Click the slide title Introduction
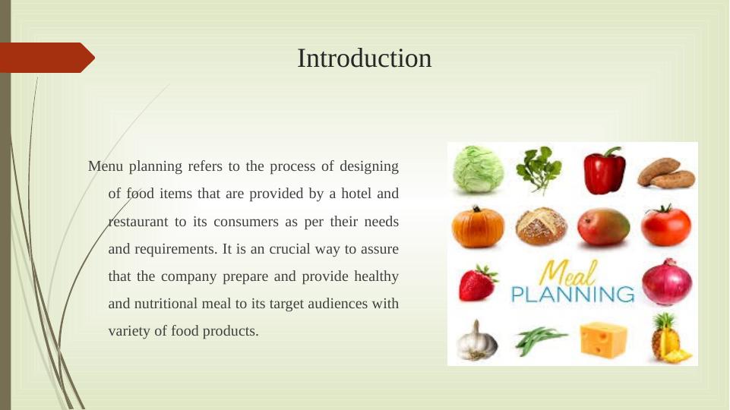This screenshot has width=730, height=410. [x=365, y=58]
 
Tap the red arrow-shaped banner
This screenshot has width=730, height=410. [x=47, y=58]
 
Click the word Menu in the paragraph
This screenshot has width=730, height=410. [x=106, y=166]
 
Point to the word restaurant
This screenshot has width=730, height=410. [x=138, y=222]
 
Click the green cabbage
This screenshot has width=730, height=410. [x=478, y=169]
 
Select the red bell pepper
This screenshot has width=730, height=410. [x=605, y=171]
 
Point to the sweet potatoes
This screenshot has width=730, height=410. [x=666, y=172]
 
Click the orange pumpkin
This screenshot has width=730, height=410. [x=478, y=227]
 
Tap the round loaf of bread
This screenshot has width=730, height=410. [x=541, y=226]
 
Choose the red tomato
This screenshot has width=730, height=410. [x=666, y=225]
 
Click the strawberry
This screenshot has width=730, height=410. [x=478, y=282]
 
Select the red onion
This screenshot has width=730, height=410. [x=667, y=282]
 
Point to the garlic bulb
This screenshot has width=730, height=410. [x=476, y=340]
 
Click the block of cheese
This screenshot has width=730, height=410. [x=604, y=339]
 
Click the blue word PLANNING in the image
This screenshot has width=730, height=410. [x=573, y=294]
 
